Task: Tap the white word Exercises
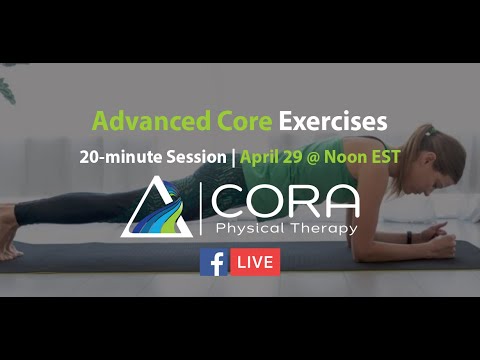(333, 122)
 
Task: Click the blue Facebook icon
(212, 262)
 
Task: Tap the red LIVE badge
(255, 262)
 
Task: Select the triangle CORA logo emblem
(157, 207)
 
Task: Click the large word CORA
(284, 200)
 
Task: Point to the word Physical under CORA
(247, 229)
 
